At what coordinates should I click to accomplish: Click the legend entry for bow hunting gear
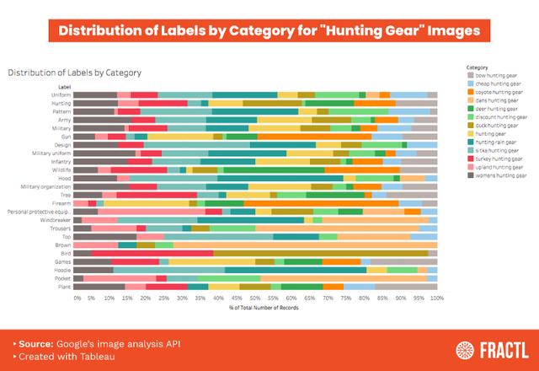pyautogui.click(x=496, y=75)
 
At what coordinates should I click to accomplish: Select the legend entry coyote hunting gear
pyautogui.click(x=498, y=92)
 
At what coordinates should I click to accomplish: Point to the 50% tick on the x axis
pyautogui.click(x=256, y=298)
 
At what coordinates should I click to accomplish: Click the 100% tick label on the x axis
pyautogui.click(x=435, y=298)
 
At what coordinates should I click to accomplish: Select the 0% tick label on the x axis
pyautogui.click(x=77, y=298)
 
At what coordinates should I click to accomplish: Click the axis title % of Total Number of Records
pyautogui.click(x=256, y=307)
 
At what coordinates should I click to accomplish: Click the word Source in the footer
pyautogui.click(x=35, y=344)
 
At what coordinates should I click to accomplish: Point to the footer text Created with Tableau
pyautogui.click(x=64, y=357)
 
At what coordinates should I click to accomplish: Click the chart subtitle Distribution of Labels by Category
pyautogui.click(x=75, y=73)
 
